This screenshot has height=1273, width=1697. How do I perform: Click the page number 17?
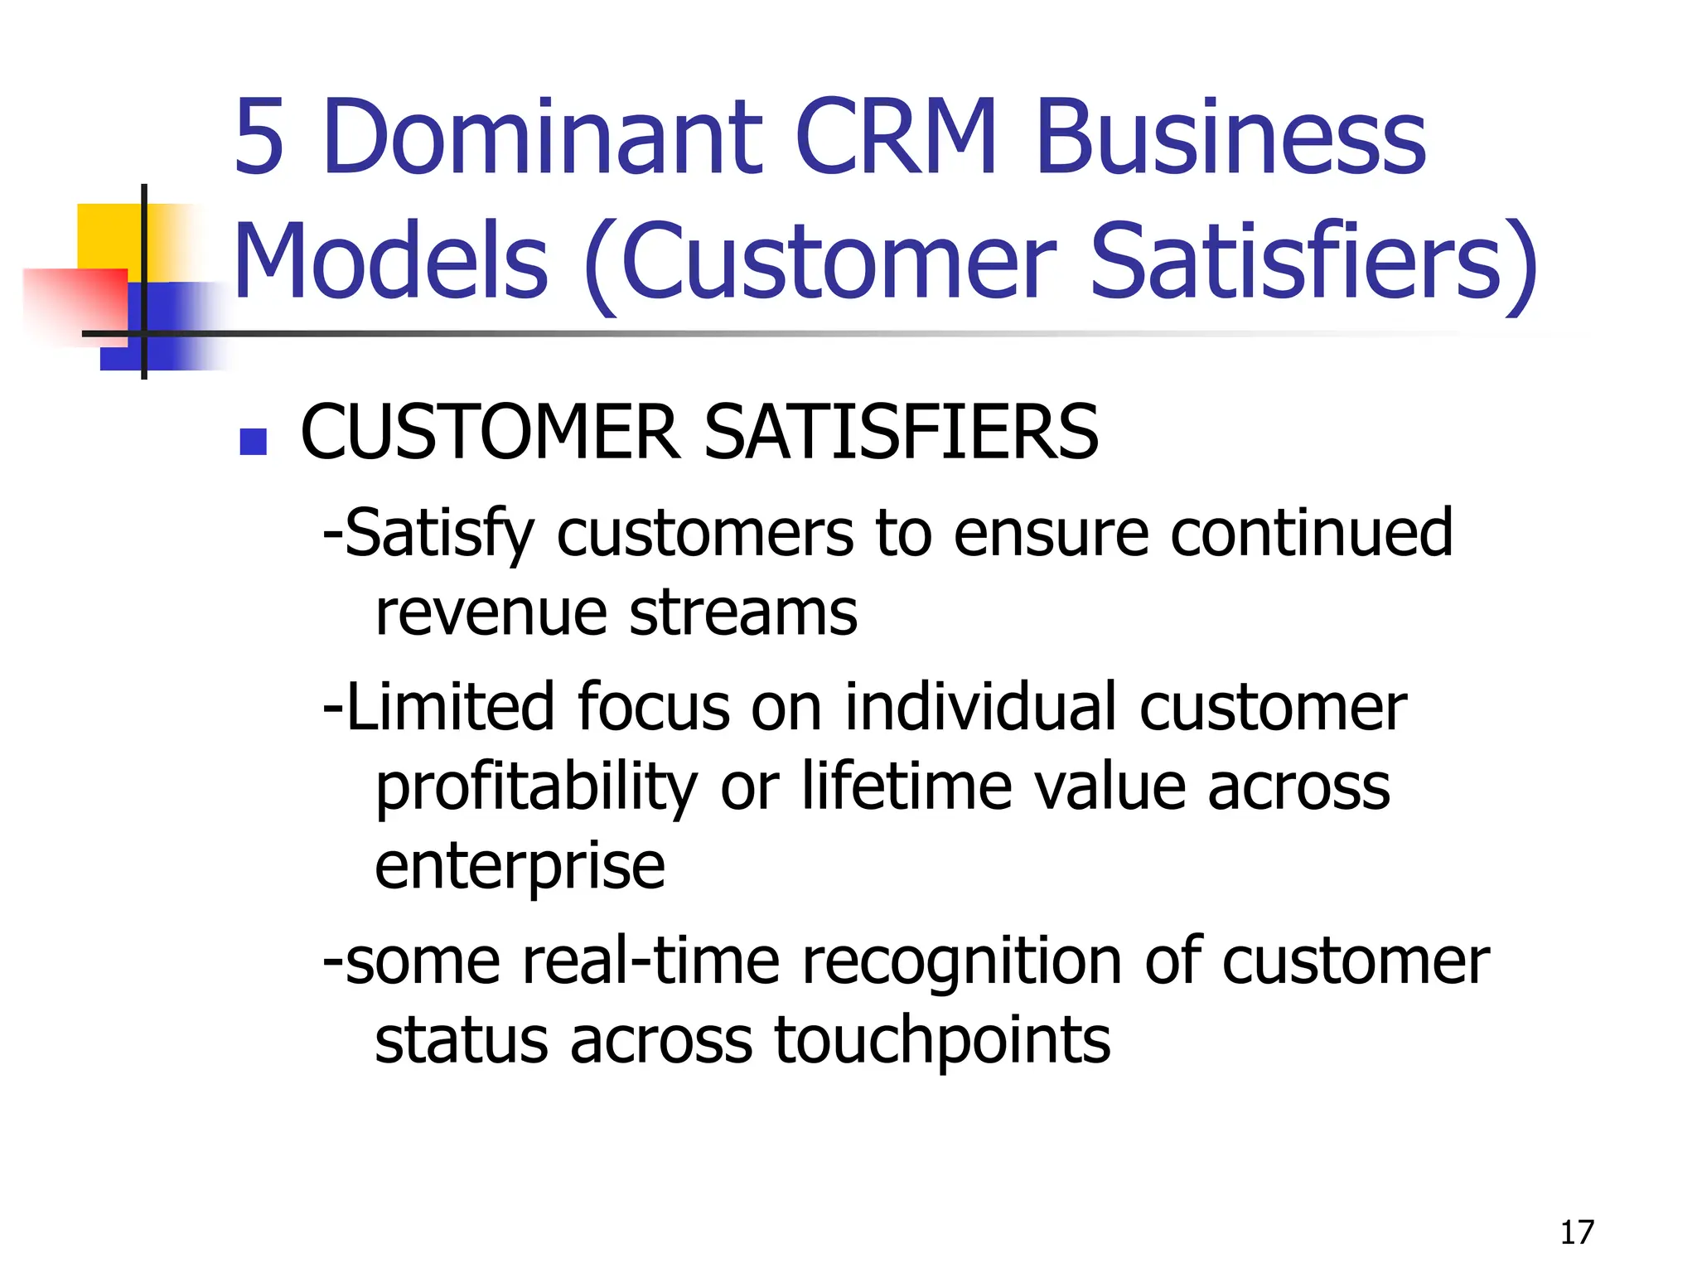pos(1576,1232)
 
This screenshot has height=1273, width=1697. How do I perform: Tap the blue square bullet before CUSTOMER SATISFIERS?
pos(253,442)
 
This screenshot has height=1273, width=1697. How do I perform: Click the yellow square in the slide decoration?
pos(108,236)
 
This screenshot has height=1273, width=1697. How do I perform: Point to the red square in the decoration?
pos(75,303)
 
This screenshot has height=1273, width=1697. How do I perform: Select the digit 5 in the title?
pos(259,138)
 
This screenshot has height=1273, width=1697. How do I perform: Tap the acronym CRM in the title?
pos(897,138)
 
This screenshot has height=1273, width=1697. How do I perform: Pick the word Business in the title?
pos(1230,138)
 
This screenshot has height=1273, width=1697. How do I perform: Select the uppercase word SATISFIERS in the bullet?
pos(901,433)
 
